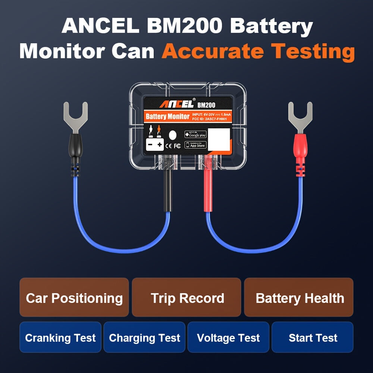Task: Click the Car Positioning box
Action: click(x=74, y=298)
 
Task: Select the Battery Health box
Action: click(x=299, y=298)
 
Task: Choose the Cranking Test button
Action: click(x=60, y=338)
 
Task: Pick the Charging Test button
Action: click(x=144, y=338)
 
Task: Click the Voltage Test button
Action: click(x=228, y=338)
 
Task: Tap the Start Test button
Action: click(x=313, y=338)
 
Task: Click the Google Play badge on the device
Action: click(x=195, y=134)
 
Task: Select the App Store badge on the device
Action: click(x=195, y=145)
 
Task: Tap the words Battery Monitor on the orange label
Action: click(x=167, y=116)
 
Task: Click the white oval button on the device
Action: click(x=173, y=135)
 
